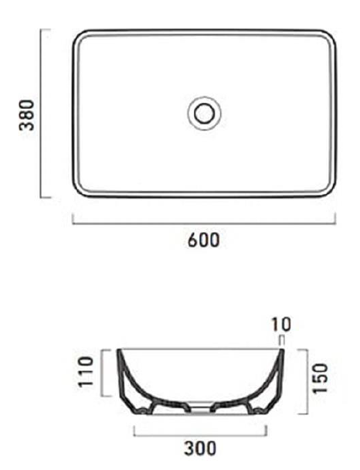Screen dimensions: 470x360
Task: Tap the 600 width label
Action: (x=204, y=240)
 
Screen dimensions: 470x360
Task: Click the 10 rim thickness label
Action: (x=282, y=324)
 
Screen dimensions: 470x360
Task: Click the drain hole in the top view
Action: (x=204, y=114)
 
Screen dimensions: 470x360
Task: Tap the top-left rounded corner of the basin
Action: (x=80, y=38)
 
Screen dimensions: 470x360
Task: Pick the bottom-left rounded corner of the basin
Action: (x=80, y=189)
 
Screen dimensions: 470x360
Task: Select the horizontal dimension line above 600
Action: (x=204, y=223)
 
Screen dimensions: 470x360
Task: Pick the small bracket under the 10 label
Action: (x=282, y=339)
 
